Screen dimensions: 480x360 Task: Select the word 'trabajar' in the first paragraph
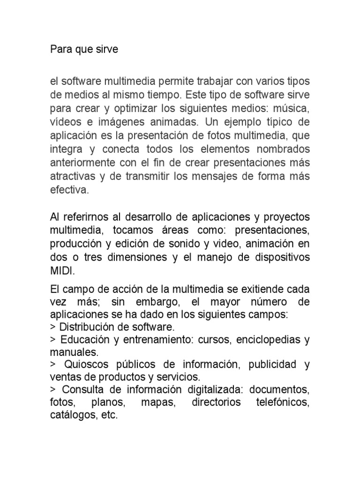(208, 82)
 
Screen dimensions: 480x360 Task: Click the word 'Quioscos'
(83, 364)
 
